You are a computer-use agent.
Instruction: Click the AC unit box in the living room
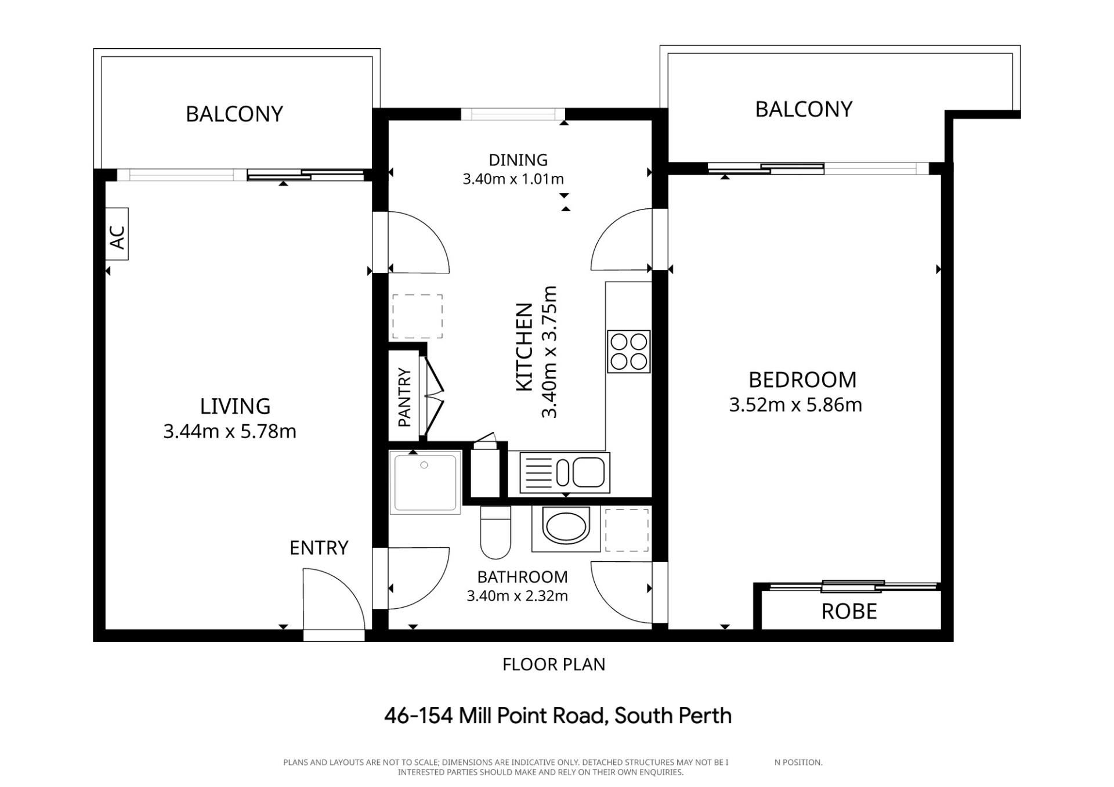coord(117,234)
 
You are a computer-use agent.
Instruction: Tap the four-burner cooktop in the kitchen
coord(629,352)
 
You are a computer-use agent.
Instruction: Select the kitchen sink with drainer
coord(565,473)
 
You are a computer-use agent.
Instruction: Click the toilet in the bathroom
coord(495,532)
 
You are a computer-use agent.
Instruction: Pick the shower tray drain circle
coord(424,465)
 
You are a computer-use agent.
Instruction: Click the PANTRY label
coord(404,398)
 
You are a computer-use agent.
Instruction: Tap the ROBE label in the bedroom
coord(849,612)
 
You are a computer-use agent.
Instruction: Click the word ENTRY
coord(319,548)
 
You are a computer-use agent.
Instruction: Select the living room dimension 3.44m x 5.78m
coord(230,431)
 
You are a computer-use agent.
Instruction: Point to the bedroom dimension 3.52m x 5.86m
coord(795,405)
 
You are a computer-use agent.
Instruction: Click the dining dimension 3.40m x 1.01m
coord(513,179)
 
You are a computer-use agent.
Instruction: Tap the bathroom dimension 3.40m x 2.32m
coord(517,595)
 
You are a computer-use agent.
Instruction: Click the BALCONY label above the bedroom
coord(804,109)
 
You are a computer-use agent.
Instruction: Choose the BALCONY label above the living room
coord(234,114)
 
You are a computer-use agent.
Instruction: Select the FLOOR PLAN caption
coord(554,665)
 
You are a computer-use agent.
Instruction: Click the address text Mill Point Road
coord(533,716)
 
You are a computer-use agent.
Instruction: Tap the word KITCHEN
coord(525,346)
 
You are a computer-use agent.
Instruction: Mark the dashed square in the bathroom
coord(627,530)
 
